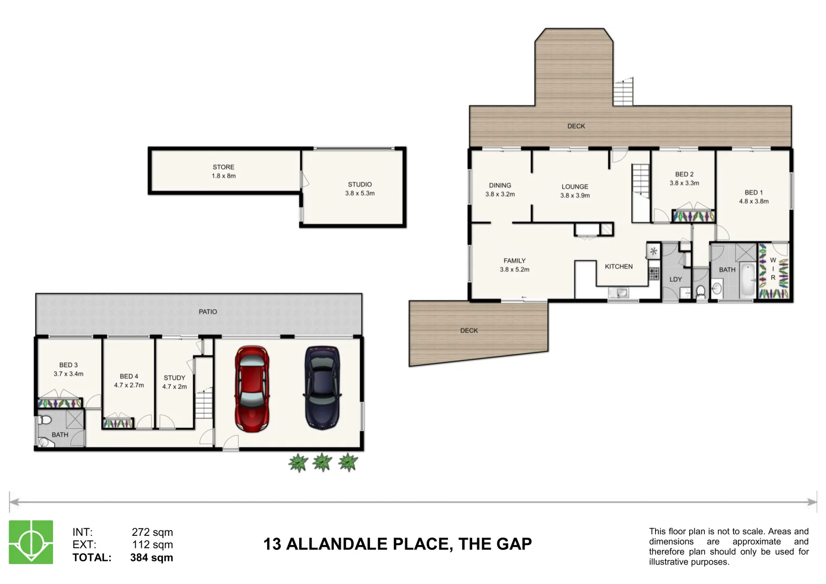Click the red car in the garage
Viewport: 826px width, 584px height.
click(x=252, y=389)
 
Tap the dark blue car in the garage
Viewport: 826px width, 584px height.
click(x=322, y=388)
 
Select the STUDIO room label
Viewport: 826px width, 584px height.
click(x=360, y=184)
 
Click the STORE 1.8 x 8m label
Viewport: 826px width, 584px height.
click(x=223, y=171)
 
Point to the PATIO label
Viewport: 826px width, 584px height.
click(x=208, y=312)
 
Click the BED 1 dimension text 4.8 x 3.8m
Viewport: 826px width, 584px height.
click(x=754, y=201)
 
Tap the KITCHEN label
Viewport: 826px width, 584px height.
click(x=619, y=267)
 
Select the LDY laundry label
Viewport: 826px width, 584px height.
click(x=676, y=280)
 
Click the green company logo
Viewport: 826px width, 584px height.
click(x=31, y=542)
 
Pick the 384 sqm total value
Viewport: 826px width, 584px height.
click(x=151, y=558)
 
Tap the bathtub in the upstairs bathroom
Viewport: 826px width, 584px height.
click(x=748, y=280)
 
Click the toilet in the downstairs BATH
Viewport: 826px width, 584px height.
click(x=44, y=420)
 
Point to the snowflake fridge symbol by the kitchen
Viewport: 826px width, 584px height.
click(x=653, y=251)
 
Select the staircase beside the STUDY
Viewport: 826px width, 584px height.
click(x=204, y=404)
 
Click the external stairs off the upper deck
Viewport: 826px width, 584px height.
click(x=623, y=92)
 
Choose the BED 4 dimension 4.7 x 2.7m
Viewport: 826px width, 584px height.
click(x=129, y=385)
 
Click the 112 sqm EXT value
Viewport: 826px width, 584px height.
click(x=153, y=545)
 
